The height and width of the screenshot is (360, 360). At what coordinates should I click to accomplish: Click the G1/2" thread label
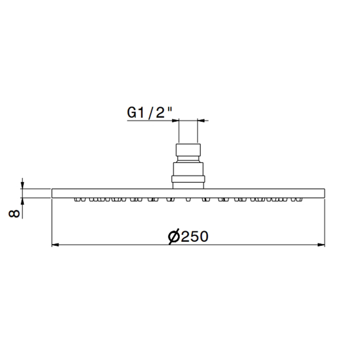click(150, 113)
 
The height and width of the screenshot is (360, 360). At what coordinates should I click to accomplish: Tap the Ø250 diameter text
click(188, 236)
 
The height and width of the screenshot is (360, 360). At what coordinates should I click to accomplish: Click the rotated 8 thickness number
click(14, 214)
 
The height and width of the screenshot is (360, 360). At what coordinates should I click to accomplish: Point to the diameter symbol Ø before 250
click(174, 237)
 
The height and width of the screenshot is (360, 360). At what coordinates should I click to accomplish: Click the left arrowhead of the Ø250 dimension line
click(56, 245)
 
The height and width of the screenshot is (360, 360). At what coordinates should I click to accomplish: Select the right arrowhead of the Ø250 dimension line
click(321, 245)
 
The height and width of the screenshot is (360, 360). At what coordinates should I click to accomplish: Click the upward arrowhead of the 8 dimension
click(22, 202)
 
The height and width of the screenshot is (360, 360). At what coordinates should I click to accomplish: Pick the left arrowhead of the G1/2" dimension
click(175, 120)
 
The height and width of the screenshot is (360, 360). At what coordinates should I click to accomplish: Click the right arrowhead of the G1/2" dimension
click(201, 120)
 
